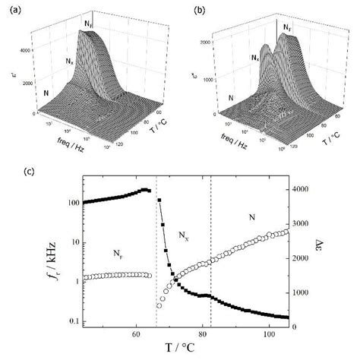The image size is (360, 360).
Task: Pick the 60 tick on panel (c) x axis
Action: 136,333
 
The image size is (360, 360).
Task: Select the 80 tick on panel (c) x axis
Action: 202,333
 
